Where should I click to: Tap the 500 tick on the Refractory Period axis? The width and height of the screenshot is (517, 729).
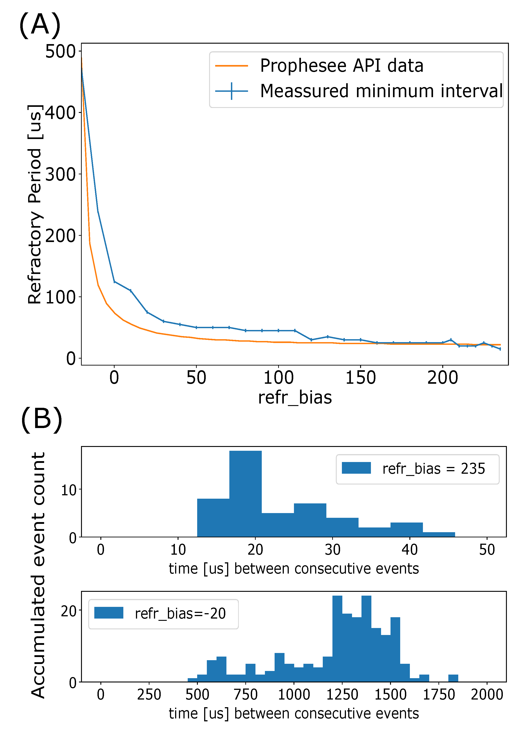[x=60, y=51]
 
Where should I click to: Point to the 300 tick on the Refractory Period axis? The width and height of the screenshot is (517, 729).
[x=60, y=174]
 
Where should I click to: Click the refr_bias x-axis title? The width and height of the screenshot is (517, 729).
[x=295, y=398]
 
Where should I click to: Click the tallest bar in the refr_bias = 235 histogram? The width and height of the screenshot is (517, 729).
[x=246, y=494]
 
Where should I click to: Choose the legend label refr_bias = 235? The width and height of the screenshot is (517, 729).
[x=433, y=469]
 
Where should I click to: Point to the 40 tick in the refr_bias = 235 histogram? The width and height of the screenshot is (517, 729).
[x=410, y=550]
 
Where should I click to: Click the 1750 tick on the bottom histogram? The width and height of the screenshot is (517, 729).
[x=439, y=695]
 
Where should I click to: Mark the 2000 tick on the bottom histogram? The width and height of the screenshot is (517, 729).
[x=487, y=695]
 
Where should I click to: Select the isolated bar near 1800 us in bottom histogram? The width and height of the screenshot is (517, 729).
[x=453, y=678]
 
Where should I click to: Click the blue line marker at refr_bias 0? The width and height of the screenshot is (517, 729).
[x=114, y=281]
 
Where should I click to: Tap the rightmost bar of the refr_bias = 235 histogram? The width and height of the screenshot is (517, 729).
[x=439, y=535]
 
